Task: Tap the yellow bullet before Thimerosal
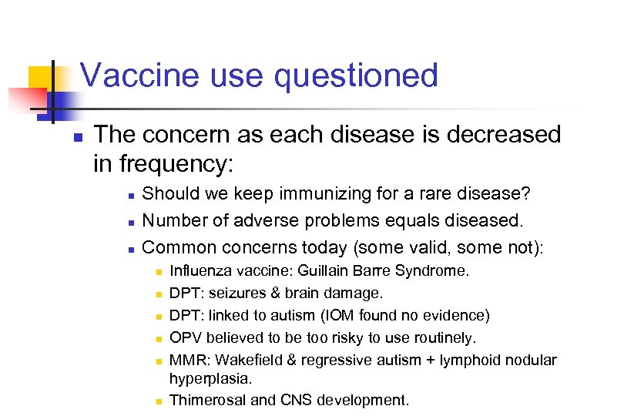coord(156,401)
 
